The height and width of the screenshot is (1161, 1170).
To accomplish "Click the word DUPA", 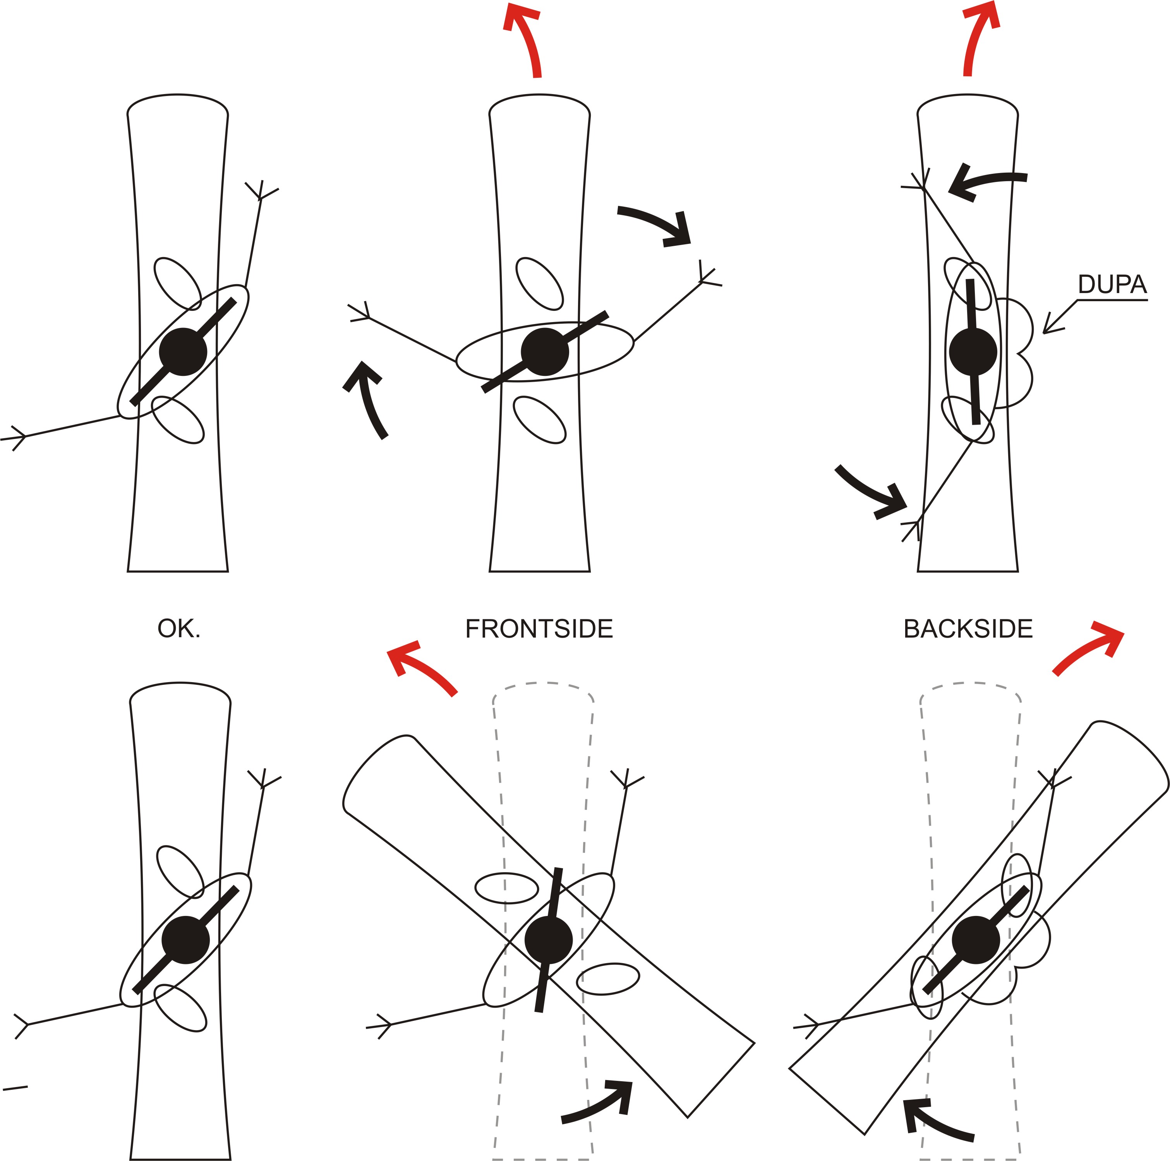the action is tap(1112, 284).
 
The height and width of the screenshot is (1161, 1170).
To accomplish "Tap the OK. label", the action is tap(178, 629).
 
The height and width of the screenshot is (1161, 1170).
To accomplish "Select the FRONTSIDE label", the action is tap(539, 629).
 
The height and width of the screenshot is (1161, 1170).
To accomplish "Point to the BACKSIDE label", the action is tap(968, 629).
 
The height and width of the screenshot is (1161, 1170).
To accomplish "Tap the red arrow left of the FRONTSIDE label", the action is tap(420, 666).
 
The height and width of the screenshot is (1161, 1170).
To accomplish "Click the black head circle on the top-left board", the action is tap(183, 352).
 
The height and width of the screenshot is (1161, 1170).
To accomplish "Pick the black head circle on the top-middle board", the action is tap(544, 352).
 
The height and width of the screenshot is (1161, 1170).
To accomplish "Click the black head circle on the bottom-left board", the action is tap(185, 939).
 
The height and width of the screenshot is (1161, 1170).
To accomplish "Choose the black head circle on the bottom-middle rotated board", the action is tap(548, 939).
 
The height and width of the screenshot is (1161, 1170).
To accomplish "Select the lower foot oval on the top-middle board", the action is tap(540, 420).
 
